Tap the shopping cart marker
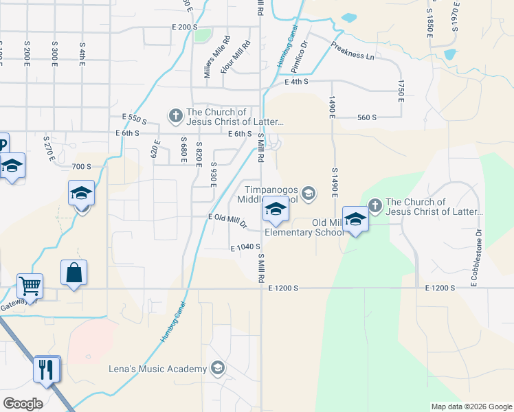[30, 285]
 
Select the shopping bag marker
[74, 273]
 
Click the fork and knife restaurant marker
[47, 369]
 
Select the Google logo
[23, 404]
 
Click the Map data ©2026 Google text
[471, 407]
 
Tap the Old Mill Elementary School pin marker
[355, 220]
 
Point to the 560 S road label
[367, 117]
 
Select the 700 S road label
[81, 166]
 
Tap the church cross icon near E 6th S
[175, 115]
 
